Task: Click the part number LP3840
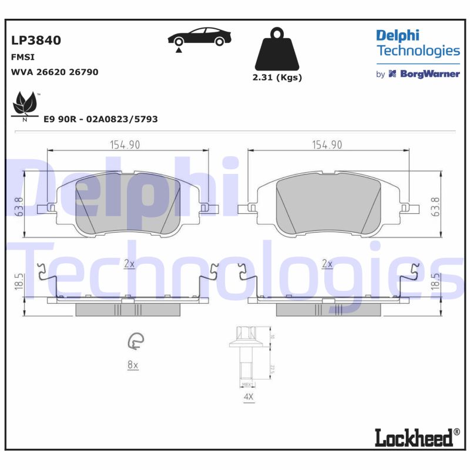36,41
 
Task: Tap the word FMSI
23,58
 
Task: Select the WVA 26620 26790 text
55,72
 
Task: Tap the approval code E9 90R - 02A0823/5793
100,119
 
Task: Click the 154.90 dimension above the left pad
125,145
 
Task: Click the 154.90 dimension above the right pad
327,145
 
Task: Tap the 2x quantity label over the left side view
129,264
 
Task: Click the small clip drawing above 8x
136,341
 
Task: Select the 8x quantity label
133,365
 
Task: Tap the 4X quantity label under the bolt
248,398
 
